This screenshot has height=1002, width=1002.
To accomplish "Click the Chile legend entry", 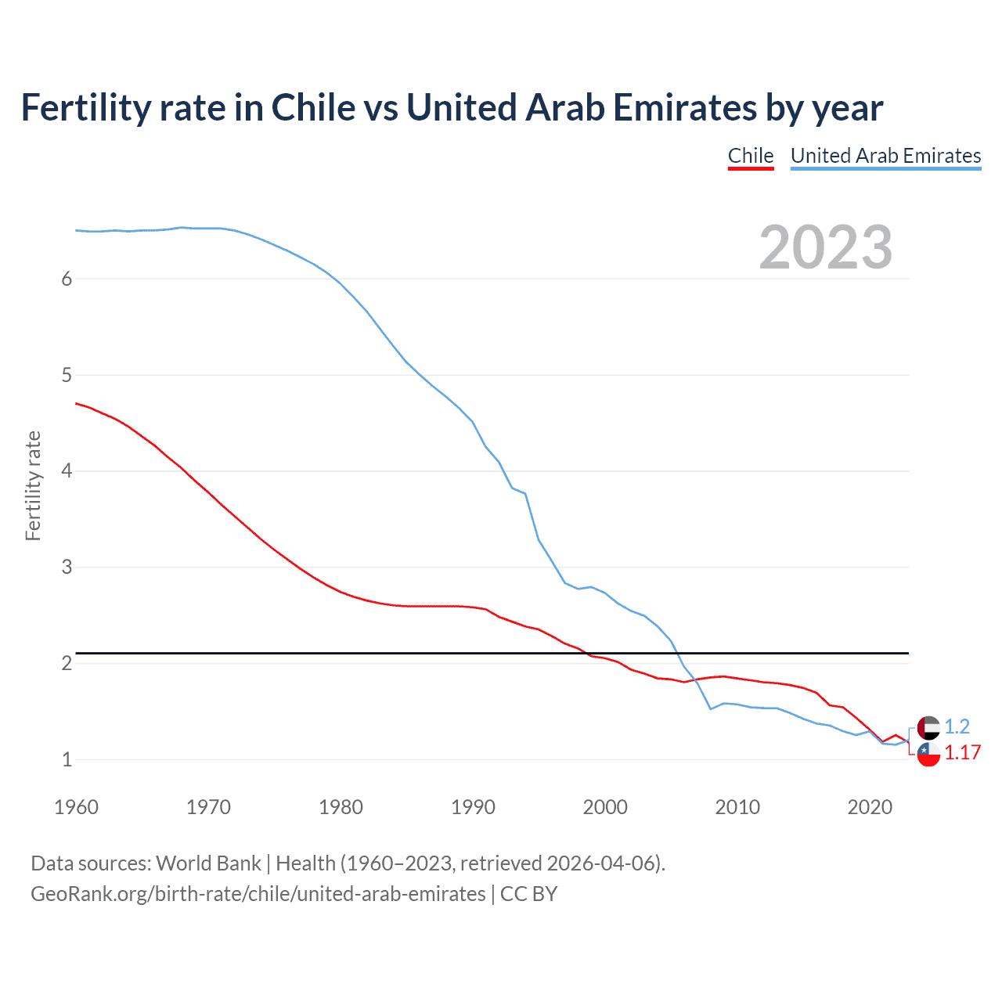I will click(751, 156).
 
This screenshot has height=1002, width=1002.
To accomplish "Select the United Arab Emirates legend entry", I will click(885, 156).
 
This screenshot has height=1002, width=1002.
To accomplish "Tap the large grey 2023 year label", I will click(826, 247).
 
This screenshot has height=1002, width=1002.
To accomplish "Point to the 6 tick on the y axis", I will click(67, 279).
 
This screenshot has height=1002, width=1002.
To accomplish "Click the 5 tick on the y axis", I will click(67, 375).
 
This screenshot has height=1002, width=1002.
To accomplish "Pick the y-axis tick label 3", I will click(67, 567).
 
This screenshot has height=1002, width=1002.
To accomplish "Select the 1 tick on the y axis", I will click(67, 759).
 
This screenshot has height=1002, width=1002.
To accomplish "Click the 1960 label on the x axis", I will click(76, 807).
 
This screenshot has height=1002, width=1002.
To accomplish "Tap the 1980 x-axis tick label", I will click(341, 807).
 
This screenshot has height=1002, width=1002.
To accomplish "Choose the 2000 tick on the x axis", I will click(605, 807).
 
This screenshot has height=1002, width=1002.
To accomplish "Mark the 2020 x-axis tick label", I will click(870, 807).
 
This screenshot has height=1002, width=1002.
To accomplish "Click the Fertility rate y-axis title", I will click(33, 485).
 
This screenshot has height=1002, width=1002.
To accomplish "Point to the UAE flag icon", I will click(928, 727).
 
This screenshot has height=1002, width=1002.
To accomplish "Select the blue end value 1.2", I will click(957, 726).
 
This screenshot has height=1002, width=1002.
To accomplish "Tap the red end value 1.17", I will click(962, 752).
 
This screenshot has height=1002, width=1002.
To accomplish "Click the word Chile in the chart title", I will click(313, 107).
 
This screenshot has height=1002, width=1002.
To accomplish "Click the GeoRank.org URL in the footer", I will click(258, 894).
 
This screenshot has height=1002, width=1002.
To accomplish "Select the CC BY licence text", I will click(528, 894).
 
